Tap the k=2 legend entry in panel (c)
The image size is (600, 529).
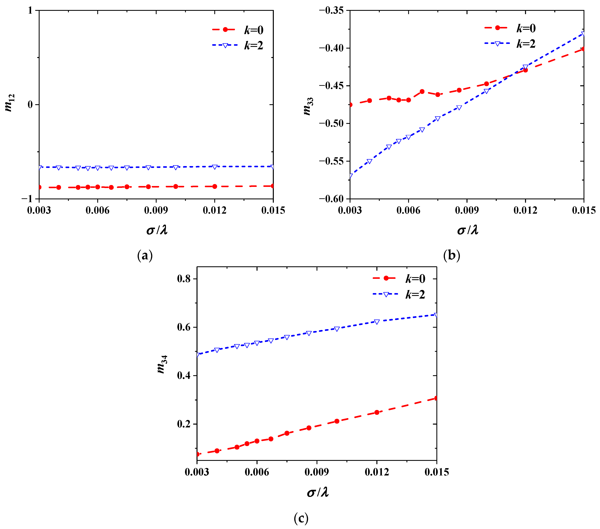399,294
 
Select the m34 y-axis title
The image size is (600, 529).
162,364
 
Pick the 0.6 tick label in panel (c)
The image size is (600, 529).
184,327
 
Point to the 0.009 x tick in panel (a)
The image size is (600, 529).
156,210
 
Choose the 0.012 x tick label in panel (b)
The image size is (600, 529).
525,210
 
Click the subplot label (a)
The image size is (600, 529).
145,255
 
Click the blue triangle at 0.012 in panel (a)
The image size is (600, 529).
215,167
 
